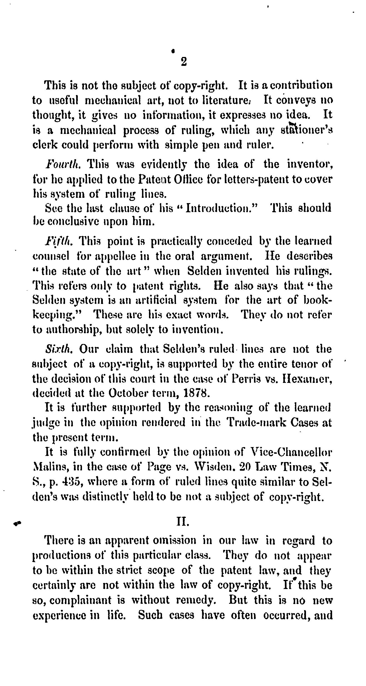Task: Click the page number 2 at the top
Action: click(183, 61)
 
